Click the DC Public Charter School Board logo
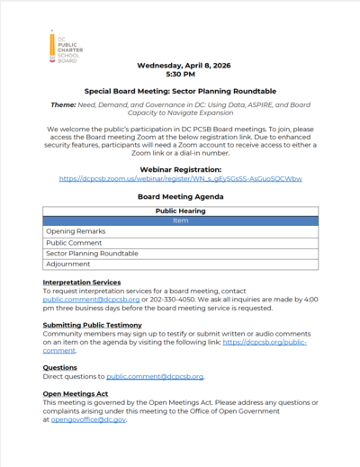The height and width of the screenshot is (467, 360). pyautogui.click(x=62, y=47)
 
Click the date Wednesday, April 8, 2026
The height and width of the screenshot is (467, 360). pyautogui.click(x=180, y=66)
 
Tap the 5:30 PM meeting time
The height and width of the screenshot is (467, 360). pyautogui.click(x=180, y=75)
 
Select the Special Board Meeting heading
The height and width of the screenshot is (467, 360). pyautogui.click(x=180, y=92)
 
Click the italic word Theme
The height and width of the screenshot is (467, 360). pyautogui.click(x=66, y=105)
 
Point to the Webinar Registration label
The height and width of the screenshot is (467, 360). pyautogui.click(x=180, y=169)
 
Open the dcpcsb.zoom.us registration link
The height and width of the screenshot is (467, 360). pyautogui.click(x=180, y=178)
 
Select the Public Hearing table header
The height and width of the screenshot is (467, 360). pyautogui.click(x=180, y=210)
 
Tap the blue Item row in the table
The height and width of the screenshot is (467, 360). pyautogui.click(x=180, y=220)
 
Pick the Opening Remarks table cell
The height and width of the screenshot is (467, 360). pyautogui.click(x=76, y=231)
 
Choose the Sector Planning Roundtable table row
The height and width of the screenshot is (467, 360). pyautogui.click(x=93, y=254)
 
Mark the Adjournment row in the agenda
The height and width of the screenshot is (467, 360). pyautogui.click(x=69, y=265)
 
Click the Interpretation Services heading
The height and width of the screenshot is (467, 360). pyautogui.click(x=82, y=283)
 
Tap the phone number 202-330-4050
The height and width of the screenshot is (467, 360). pyautogui.click(x=143, y=300)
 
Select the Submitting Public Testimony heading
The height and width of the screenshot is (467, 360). pyautogui.click(x=92, y=325)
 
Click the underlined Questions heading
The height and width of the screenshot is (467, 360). pyautogui.click(x=60, y=367)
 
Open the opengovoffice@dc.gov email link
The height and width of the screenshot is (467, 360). pyautogui.click(x=89, y=419)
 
